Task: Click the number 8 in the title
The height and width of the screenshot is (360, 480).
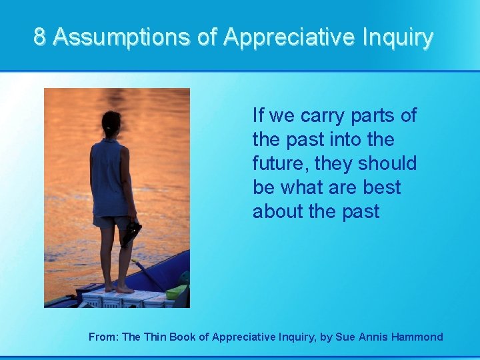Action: tap(40, 37)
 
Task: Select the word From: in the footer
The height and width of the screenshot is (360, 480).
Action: tap(103, 337)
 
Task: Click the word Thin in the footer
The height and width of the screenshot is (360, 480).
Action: tap(154, 337)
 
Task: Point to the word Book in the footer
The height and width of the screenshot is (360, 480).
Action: tap(183, 337)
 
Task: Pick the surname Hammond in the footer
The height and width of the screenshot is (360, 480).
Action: tap(417, 337)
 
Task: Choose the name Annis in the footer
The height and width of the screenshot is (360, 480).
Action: tap(372, 337)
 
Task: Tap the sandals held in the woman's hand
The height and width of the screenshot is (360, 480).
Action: tap(131, 233)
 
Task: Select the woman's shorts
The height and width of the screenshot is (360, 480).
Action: tap(111, 221)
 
